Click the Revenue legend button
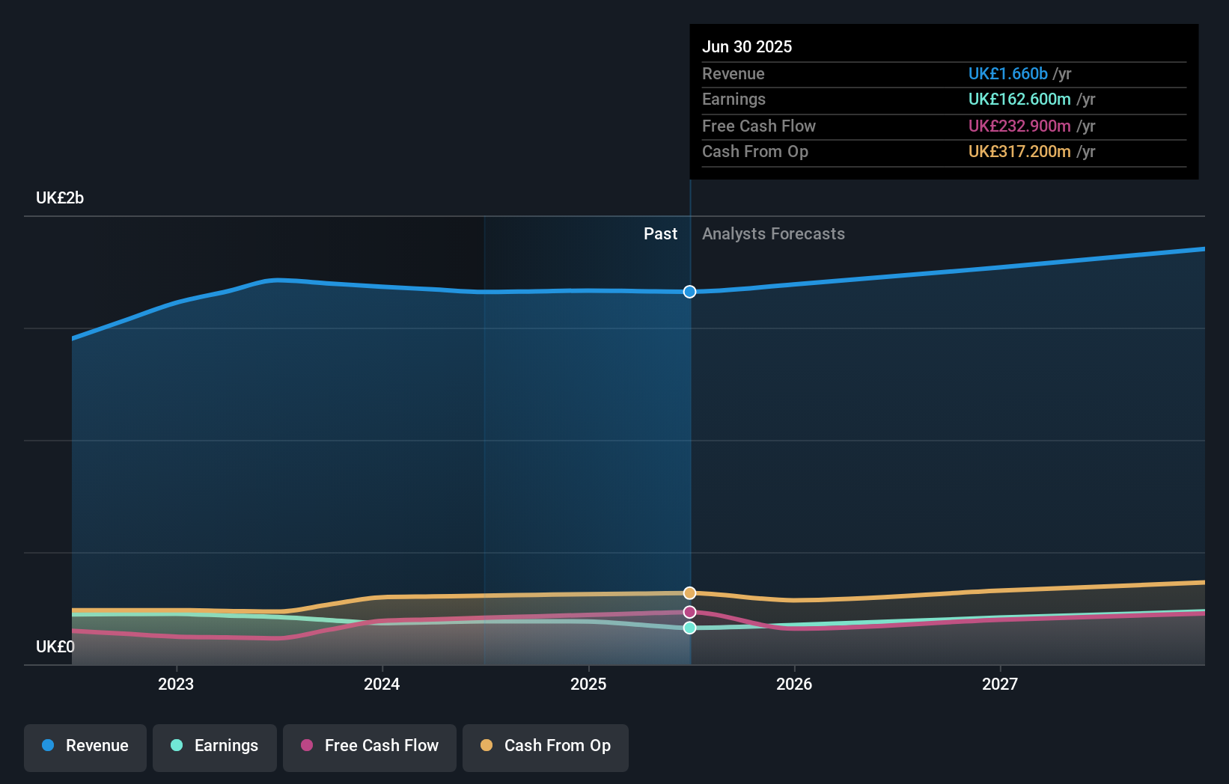click(85, 747)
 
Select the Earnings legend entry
click(215, 747)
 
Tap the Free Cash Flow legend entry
click(370, 747)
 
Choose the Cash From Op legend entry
click(546, 747)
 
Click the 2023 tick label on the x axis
click(176, 685)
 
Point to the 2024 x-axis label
click(382, 685)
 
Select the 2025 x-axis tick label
click(588, 685)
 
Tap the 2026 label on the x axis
click(794, 685)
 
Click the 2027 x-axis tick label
click(1000, 685)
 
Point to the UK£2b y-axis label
click(60, 198)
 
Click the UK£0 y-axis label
click(55, 647)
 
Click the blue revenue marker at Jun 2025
click(690, 292)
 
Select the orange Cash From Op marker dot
click(690, 593)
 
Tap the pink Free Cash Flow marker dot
click(690, 613)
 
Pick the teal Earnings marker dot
click(690, 628)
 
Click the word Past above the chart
click(660, 234)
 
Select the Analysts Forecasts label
click(773, 234)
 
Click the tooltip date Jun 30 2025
click(747, 47)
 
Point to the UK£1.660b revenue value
click(1007, 74)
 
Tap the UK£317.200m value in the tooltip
click(1019, 152)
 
